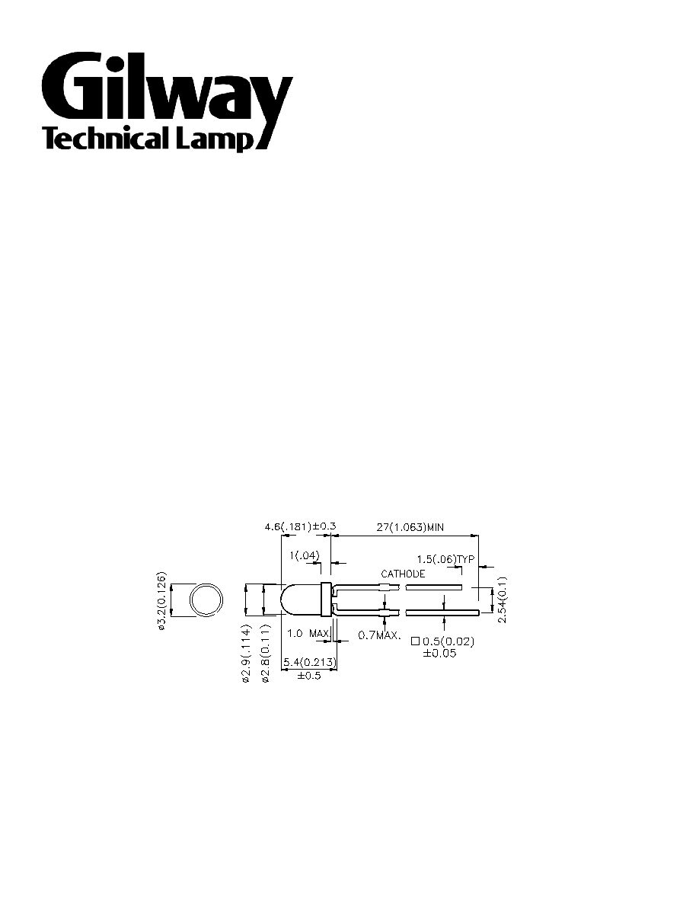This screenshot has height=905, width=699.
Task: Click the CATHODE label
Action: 403,574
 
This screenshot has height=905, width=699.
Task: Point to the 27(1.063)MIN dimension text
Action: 410,526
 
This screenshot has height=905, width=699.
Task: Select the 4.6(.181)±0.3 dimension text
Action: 300,526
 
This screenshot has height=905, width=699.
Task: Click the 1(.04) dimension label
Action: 304,555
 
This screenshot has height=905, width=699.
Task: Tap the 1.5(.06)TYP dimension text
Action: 445,559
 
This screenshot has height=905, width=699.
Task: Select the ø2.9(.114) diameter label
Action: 246,654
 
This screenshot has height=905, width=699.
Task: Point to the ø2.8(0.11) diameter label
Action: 266,654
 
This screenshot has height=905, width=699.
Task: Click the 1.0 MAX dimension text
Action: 308,633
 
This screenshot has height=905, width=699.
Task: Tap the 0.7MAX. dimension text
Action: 379,635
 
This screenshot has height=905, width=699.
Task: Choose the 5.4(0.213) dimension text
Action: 309,662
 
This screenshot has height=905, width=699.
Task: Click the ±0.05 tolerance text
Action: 439,654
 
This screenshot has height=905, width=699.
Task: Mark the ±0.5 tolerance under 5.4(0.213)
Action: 309,676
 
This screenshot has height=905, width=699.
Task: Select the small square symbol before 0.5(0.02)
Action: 415,641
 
